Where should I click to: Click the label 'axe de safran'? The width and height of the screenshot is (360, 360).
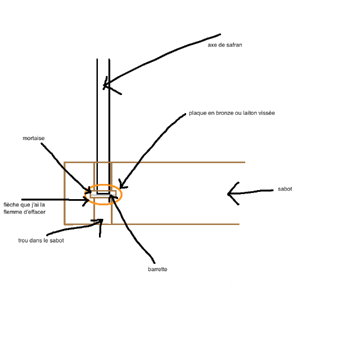pyautogui.click(x=225, y=45)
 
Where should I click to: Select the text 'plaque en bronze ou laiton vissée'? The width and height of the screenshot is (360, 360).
pyautogui.click(x=232, y=113)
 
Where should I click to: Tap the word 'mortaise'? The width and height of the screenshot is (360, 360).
pyautogui.click(x=34, y=138)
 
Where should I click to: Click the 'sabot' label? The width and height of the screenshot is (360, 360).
pyautogui.click(x=285, y=189)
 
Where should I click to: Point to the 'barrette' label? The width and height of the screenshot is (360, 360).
pyautogui.click(x=157, y=269)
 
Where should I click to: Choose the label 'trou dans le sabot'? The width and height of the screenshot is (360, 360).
pyautogui.click(x=41, y=240)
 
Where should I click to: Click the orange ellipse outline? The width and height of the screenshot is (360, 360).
pyautogui.click(x=103, y=184)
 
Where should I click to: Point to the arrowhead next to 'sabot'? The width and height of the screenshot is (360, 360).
pyautogui.click(x=228, y=194)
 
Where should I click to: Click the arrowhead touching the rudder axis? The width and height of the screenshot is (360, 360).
pyautogui.click(x=105, y=85)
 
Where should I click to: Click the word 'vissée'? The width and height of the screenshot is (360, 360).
pyautogui.click(x=267, y=113)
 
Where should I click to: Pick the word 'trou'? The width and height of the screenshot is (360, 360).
pyautogui.click(x=22, y=240)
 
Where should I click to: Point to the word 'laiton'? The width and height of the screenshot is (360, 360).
pyautogui.click(x=250, y=113)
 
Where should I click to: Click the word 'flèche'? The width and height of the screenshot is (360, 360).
pyautogui.click(x=11, y=205)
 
